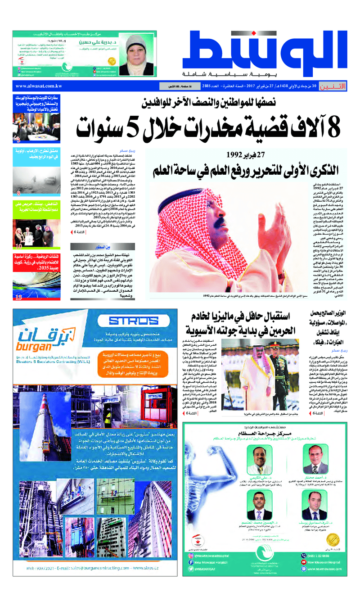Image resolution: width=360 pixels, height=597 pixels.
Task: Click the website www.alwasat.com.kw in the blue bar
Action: coord(39,86)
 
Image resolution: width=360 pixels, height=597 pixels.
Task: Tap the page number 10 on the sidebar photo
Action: coord(18,246)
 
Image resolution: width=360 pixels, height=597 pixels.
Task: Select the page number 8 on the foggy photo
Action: coord(18,194)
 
